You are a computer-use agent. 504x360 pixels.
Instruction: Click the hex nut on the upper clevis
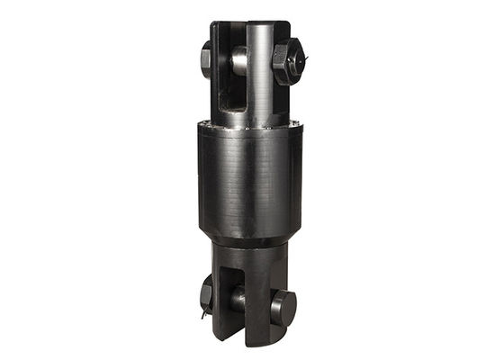(x=286, y=62)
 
